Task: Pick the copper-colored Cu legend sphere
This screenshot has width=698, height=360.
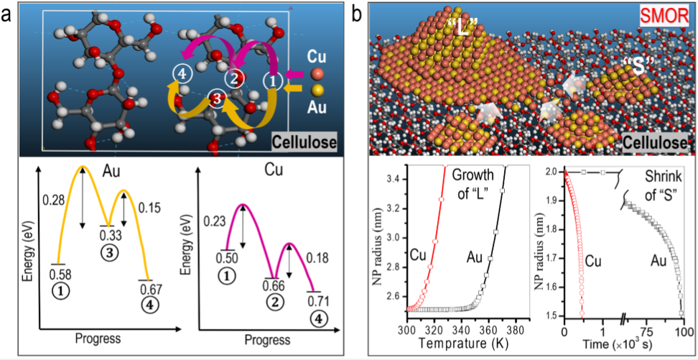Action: click(320, 74)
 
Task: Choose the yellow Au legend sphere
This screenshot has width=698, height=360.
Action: click(320, 91)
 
